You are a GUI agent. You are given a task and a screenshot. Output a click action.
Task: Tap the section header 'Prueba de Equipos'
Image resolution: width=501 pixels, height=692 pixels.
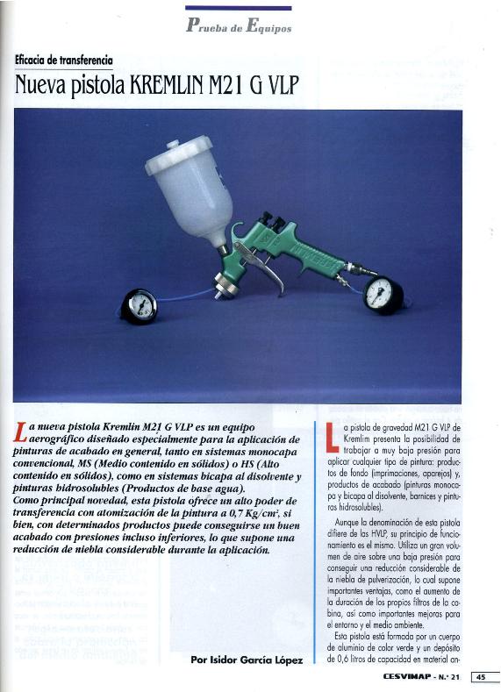click(239, 25)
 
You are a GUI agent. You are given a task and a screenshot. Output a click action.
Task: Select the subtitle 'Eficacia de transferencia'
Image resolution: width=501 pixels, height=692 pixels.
click(64, 61)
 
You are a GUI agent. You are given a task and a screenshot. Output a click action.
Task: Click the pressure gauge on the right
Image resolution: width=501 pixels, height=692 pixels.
click(379, 294)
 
